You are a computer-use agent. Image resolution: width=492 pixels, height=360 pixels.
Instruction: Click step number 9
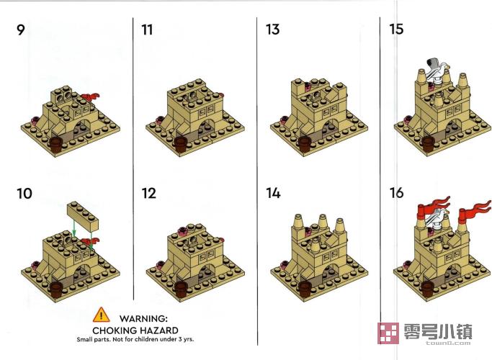pos(20,30)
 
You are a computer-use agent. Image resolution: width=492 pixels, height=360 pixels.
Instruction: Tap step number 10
pos(24,194)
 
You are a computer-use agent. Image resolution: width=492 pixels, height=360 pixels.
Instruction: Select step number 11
pos(147,30)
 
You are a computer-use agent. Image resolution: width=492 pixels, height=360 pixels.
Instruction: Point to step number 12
pos(148,194)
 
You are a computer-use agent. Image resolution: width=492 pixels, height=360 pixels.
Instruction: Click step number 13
pos(272,30)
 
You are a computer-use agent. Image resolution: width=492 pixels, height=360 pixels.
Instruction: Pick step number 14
pos(273,193)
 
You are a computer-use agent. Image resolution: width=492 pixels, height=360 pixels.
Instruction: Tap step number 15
pos(396,30)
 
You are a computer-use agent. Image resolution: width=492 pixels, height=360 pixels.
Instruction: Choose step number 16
pos(397,193)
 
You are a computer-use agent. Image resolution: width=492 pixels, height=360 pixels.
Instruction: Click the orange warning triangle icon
pos(101,315)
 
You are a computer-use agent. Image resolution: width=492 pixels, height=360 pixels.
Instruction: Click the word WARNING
pos(143,319)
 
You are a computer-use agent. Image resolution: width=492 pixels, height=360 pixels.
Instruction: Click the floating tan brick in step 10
pos(83,217)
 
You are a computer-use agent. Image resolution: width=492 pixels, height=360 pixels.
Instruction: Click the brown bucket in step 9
pos(56,145)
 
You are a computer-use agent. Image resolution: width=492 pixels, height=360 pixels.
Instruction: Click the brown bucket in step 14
pos(305,289)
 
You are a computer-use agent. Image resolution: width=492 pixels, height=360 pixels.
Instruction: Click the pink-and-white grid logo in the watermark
pos(388,333)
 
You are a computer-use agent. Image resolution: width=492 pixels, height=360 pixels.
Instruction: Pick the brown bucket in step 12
pos(181,289)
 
